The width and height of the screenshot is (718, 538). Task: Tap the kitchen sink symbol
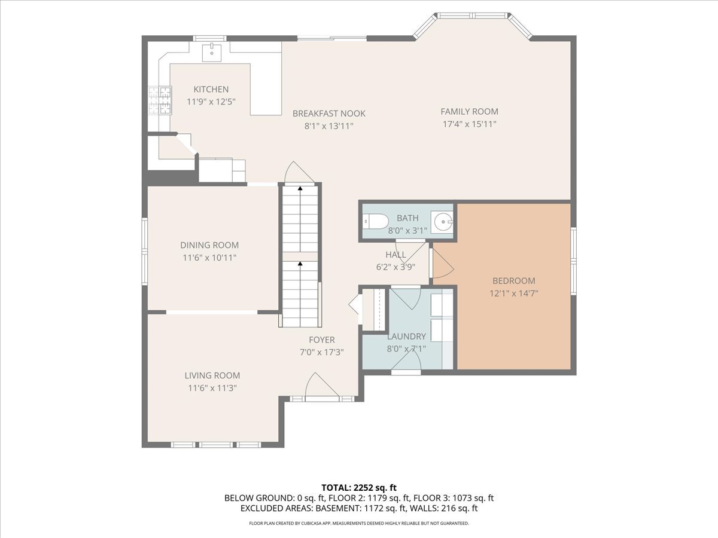212,52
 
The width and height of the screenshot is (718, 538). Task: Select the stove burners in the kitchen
159,100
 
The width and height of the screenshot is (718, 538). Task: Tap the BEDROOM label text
513,281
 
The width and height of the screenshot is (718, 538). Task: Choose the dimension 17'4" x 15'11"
469,124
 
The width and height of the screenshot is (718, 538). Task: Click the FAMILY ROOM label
469,111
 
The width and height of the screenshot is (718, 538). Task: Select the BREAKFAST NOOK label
328,114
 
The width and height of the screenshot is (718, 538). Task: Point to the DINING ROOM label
209,245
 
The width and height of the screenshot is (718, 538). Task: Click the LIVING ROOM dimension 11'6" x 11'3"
212,388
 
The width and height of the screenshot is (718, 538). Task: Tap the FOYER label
321,340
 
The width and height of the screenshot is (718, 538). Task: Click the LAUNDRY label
406,337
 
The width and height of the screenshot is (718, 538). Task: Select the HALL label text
395,255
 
